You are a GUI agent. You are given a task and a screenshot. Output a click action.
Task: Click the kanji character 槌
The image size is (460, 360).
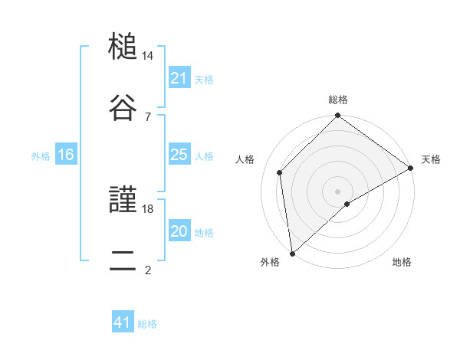pyautogui.click(x=123, y=49)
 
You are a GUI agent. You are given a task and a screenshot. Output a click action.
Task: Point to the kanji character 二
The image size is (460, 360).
pyautogui.click(x=123, y=261)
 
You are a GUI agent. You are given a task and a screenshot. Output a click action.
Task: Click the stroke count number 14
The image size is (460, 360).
pyautogui.click(x=148, y=57)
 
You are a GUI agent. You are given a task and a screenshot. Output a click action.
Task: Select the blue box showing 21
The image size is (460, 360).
pyautogui.click(x=179, y=78)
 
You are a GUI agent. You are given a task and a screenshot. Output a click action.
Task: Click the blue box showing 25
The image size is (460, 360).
pyautogui.click(x=179, y=155)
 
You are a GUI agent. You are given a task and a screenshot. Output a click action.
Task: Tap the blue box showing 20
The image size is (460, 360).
pyautogui.click(x=179, y=231)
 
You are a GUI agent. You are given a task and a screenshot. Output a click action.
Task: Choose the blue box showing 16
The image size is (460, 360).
pyautogui.click(x=66, y=155)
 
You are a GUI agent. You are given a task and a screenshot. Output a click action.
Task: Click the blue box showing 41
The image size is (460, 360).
pyautogui.click(x=123, y=322)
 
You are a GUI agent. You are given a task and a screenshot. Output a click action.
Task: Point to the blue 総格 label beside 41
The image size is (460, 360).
pyautogui.click(x=147, y=324)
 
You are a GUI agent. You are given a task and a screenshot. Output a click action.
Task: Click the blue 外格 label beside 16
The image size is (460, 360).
pyautogui.click(x=41, y=156)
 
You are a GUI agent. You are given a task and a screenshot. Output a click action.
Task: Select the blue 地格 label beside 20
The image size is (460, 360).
pyautogui.click(x=204, y=233)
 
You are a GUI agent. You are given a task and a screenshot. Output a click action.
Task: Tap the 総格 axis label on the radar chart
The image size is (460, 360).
pyautogui.click(x=338, y=100)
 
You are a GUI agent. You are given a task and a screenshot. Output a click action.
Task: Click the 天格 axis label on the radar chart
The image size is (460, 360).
pyautogui.click(x=431, y=159)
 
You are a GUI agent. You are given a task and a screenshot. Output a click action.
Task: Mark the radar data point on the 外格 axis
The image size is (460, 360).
pyautogui.click(x=292, y=253)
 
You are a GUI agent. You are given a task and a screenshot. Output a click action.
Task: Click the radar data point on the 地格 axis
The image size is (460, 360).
pyautogui.click(x=347, y=204)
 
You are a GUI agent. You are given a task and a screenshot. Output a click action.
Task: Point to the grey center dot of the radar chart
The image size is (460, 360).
pyautogui.click(x=338, y=191)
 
